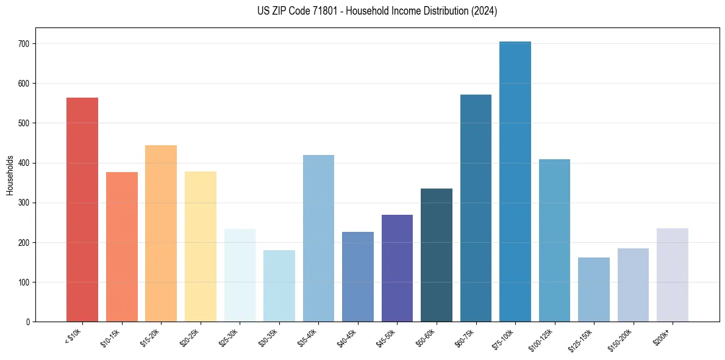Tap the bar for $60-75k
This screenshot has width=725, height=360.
tap(476, 208)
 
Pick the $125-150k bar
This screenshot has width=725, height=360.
tap(594, 289)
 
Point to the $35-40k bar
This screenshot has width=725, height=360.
tap(318, 238)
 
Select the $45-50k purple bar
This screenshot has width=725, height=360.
tap(397, 268)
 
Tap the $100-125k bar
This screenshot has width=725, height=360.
tap(554, 240)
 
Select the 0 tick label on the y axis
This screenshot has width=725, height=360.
tap(28, 322)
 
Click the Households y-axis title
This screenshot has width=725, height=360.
tap(10, 175)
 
